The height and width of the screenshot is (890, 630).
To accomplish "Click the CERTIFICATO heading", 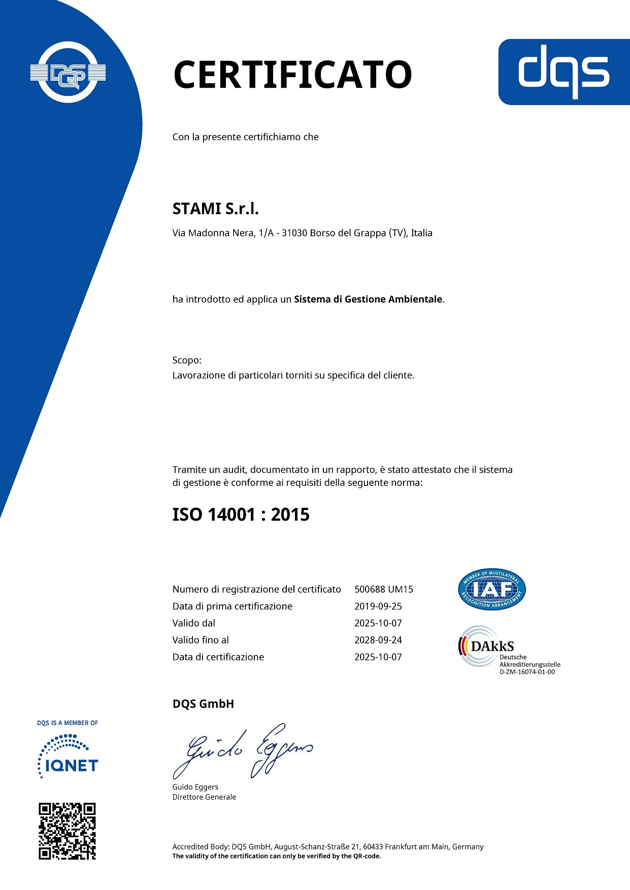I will coord(292,75).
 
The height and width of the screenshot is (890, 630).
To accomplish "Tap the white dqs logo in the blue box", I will coord(563,72).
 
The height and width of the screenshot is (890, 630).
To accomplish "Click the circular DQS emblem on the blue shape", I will coord(68,73).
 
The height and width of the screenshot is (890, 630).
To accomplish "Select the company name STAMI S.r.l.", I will coord(216,209).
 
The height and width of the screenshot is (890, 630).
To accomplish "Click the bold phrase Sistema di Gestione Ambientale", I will coord(368,299).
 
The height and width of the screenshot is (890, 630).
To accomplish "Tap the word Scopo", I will coord(186,360).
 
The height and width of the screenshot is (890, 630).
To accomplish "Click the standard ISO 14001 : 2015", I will coord(241,515).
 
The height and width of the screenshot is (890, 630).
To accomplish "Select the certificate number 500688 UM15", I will coord(384,589).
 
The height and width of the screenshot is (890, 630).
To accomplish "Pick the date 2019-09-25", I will coord(378,606).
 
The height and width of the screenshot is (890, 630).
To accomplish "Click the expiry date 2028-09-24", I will coord(378,640).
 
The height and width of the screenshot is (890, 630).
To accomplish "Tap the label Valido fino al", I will coord(201,640).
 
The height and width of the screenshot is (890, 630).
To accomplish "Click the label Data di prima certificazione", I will coord(232,606).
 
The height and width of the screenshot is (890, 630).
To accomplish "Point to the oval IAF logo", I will coord(491,589).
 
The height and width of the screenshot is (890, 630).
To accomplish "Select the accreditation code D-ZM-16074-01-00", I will coord(527,672).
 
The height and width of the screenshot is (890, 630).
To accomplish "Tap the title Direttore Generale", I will coord(204,797).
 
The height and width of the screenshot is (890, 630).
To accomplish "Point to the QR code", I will coord(68,831).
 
